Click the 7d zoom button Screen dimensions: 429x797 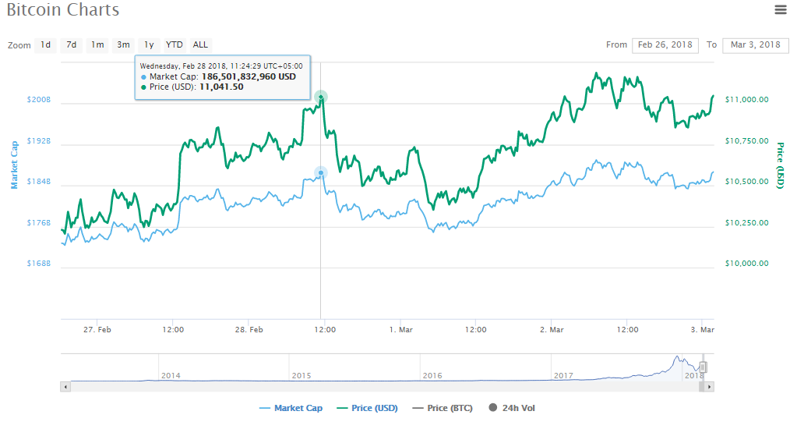pos(71,44)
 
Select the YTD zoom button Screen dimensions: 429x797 pos(174,44)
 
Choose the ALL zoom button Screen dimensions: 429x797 pos(200,44)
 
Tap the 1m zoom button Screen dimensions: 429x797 pos(97,44)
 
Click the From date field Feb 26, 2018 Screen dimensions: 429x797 pos(665,44)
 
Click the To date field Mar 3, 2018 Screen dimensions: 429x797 pos(755,44)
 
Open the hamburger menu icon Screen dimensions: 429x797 pos(781,10)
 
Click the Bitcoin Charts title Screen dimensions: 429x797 pos(63,11)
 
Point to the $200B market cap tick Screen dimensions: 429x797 pos(38,100)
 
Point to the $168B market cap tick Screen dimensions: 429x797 pos(38,264)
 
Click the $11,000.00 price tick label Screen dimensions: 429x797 pos(746,100)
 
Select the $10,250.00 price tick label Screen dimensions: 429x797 pos(746,223)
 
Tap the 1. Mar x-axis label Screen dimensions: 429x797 pos(400,330)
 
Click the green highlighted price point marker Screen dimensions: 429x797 pos(321,97)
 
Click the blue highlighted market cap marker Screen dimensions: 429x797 pos(321,172)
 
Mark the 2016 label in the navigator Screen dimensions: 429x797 pos(432,376)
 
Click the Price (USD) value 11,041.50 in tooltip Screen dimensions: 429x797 pos(222,87)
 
